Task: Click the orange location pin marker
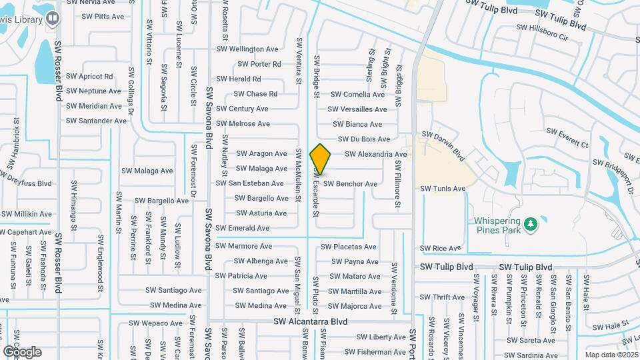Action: pos(321,159)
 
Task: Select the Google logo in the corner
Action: pos(22,352)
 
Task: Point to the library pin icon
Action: pos(53,19)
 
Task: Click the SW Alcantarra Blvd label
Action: pos(311,321)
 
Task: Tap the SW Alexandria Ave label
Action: pos(376,154)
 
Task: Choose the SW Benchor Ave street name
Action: pos(350,184)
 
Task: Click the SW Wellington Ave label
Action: pos(247,49)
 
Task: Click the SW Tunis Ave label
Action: pos(443,189)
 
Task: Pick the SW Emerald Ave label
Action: pos(243,228)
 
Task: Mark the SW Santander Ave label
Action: pos(96,121)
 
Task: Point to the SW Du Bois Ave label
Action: pos(364,139)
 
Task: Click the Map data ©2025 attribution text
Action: pos(611,355)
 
